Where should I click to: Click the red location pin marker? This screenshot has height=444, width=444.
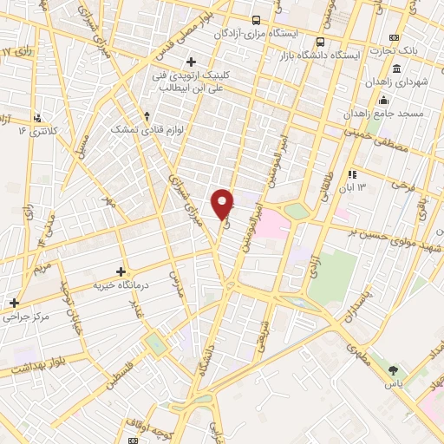pos(224,203)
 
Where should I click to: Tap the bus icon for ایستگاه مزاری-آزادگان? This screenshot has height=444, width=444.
pos(255,20)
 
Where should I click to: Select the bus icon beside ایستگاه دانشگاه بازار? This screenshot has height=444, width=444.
pos(321,42)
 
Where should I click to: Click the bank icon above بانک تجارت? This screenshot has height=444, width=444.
pos(395,38)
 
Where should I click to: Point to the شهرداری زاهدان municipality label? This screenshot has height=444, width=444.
pos(415,82)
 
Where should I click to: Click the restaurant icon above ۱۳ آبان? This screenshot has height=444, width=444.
pos(352,173)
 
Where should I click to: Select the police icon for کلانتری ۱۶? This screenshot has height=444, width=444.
pos(37,117)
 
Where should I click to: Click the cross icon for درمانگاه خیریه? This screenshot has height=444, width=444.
pos(120,271)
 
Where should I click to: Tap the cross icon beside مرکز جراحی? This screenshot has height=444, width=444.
pos(13,303)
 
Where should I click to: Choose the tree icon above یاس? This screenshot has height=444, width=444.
pos(396,370)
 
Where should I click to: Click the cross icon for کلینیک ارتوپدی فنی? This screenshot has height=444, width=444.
pos(191,61)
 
